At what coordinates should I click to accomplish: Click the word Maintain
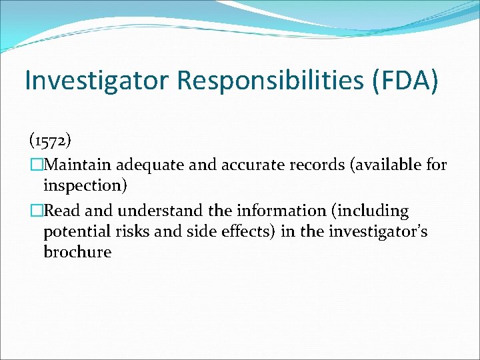(79, 164)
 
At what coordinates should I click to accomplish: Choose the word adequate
(150, 164)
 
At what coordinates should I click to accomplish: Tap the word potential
(74, 232)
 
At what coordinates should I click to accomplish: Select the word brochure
(77, 253)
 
